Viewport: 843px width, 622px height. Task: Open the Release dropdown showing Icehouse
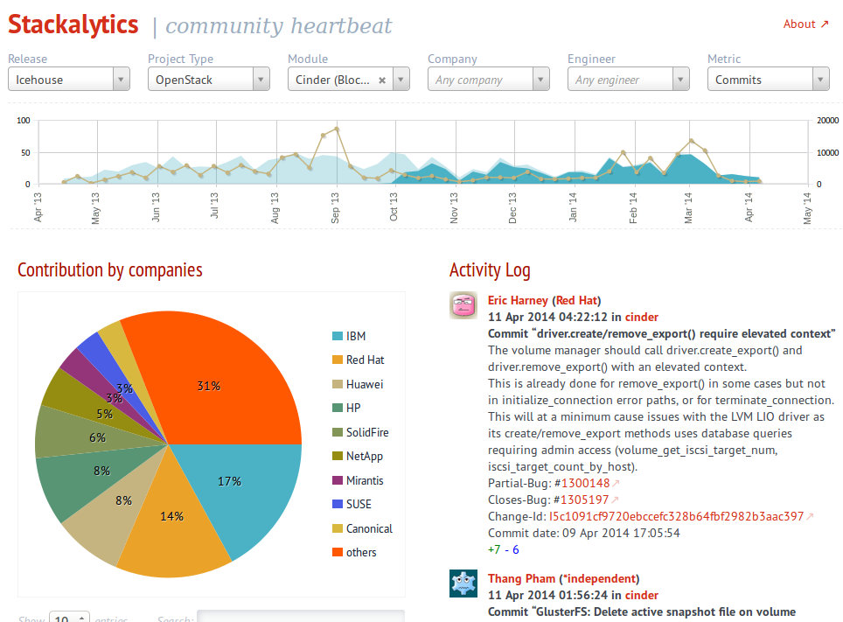68,80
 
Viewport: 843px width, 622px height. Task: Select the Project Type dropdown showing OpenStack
208,80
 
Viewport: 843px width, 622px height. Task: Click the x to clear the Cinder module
382,80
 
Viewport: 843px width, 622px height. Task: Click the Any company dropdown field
488,80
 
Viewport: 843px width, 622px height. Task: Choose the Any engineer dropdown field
628,80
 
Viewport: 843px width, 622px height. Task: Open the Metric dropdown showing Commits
768,80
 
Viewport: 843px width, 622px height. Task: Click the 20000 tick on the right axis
827,121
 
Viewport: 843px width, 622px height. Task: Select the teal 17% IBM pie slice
240,490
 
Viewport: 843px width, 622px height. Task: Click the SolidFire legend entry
366,432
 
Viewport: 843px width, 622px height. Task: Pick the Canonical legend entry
368,528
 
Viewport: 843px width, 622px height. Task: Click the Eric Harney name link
517,300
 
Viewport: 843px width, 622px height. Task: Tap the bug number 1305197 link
584,500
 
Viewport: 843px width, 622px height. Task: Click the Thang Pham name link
521,578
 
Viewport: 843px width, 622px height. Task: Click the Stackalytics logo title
73,24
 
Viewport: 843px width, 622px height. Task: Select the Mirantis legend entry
364,480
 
